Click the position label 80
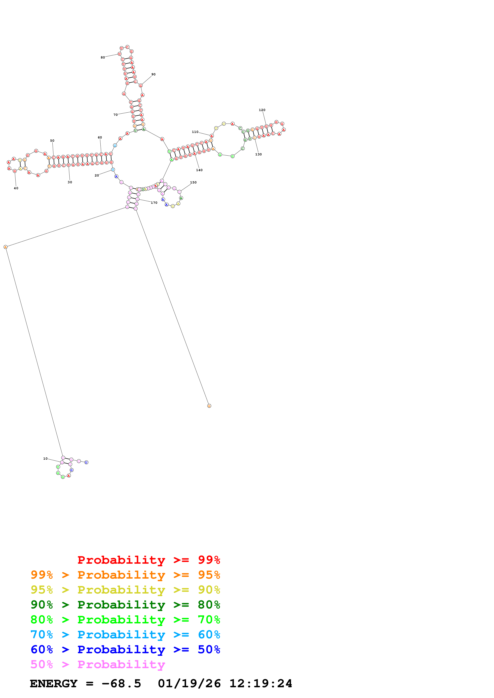point(103,58)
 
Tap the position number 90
point(153,74)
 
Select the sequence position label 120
point(262,110)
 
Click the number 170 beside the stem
point(154,203)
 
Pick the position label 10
point(45,458)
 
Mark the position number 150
point(193,182)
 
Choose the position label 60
point(100,137)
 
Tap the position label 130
point(258,154)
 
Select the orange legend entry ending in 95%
point(125,575)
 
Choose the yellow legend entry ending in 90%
point(125,590)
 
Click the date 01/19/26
point(189,683)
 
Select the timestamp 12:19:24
point(261,683)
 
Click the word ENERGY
point(54,683)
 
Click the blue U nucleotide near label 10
point(86,462)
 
